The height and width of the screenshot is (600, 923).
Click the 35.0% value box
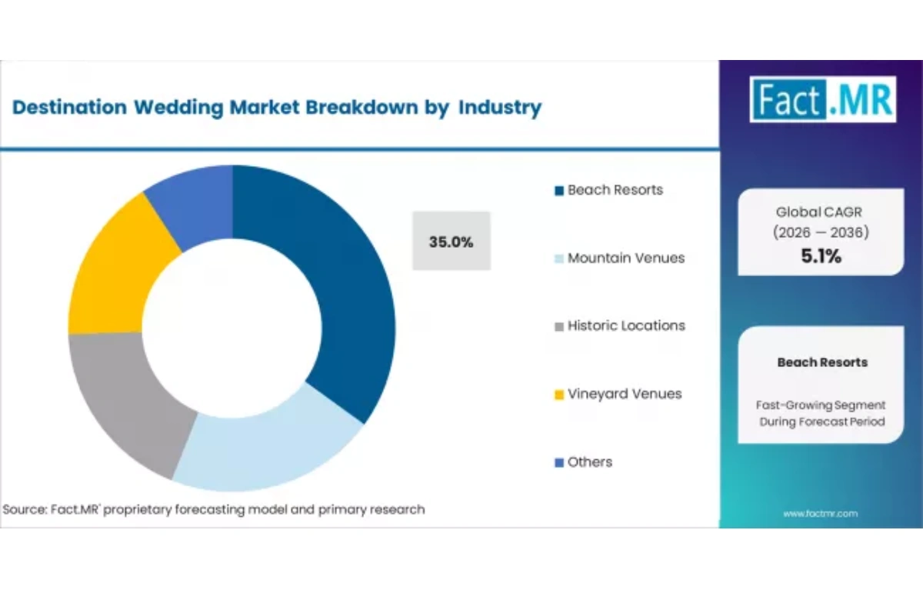[x=452, y=241]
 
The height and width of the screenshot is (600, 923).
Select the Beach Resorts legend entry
[x=614, y=190]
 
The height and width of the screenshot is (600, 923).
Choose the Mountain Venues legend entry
[x=625, y=258]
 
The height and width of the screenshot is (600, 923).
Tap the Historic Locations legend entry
[x=625, y=325]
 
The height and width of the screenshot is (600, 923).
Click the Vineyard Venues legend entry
[x=623, y=394]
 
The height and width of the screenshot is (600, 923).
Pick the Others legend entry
[x=588, y=462]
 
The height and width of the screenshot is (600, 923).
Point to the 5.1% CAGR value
[x=821, y=257]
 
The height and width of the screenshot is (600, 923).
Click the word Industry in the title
[x=500, y=108]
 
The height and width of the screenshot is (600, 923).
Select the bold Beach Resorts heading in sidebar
[x=821, y=362]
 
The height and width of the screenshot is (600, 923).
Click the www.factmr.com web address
[x=820, y=513]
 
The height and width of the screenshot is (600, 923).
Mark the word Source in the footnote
[x=23, y=509]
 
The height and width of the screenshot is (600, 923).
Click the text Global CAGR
[x=821, y=212]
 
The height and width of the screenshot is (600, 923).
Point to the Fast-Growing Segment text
[x=821, y=405]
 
